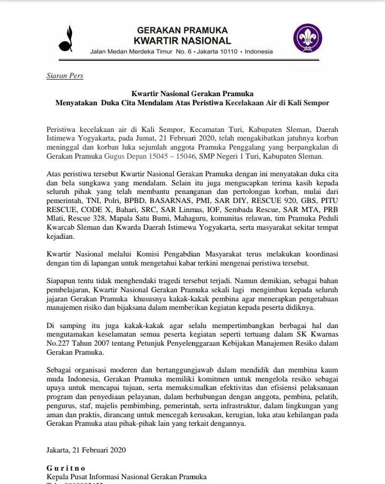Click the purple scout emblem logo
coord(307,39)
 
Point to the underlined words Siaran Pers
coord(65,76)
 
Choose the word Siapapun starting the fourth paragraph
coord(62,280)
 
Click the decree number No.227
coord(59,344)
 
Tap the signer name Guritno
coord(66,469)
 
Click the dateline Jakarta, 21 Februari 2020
coord(86,450)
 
